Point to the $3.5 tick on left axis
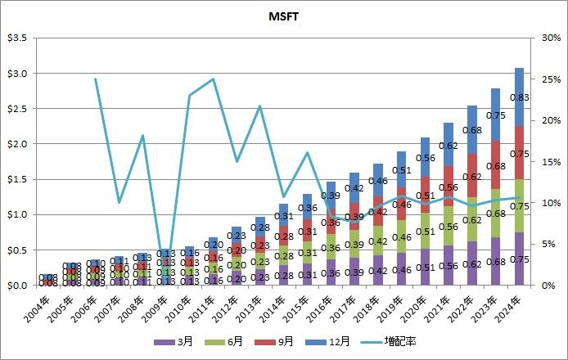[x=17, y=38]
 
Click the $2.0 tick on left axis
[x=17, y=144]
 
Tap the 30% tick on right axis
[x=539, y=38]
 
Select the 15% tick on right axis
[x=539, y=161]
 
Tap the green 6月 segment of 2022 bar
[x=472, y=219]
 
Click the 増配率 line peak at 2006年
[x=95, y=79]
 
